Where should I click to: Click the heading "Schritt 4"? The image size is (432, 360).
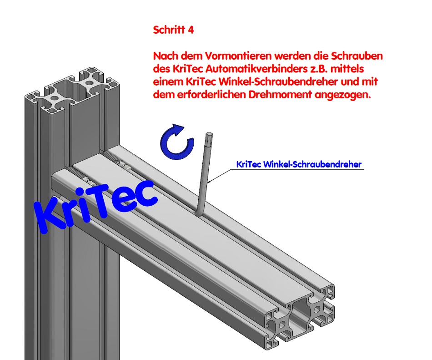[174, 30]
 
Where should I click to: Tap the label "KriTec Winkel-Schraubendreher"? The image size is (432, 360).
[299, 164]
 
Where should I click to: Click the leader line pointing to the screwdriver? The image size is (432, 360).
[223, 172]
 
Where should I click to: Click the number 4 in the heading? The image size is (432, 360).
[191, 30]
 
